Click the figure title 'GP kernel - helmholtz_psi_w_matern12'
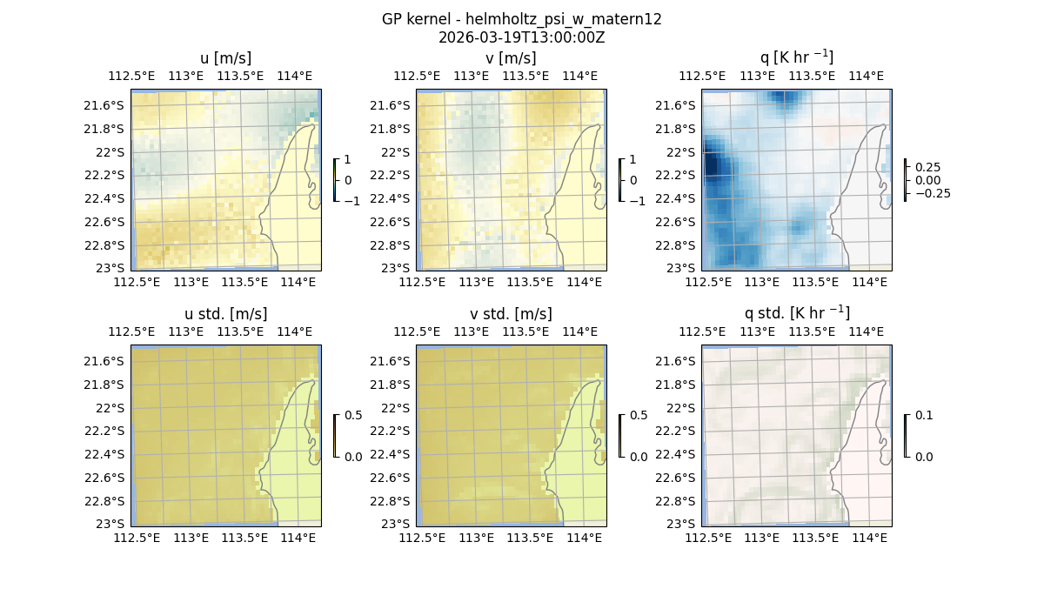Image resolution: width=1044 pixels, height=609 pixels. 521,19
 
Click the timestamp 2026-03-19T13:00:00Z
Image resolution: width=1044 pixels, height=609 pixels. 521,37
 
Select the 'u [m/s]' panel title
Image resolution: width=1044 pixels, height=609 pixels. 225,58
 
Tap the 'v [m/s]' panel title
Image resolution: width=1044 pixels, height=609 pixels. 511,58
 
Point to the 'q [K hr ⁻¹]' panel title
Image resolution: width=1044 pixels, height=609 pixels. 796,57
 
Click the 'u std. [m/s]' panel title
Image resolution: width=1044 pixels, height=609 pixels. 225,314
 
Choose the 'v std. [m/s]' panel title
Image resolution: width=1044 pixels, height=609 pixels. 511,314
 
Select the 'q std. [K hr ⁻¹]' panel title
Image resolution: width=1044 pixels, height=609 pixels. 796,313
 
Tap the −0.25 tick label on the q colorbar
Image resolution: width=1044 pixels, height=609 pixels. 930,193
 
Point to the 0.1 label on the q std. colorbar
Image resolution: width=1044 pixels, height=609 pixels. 923,416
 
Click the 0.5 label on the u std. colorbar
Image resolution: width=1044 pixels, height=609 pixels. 353,416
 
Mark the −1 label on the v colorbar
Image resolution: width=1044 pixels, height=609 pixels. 638,200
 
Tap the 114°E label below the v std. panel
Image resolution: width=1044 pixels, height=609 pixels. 583,538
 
